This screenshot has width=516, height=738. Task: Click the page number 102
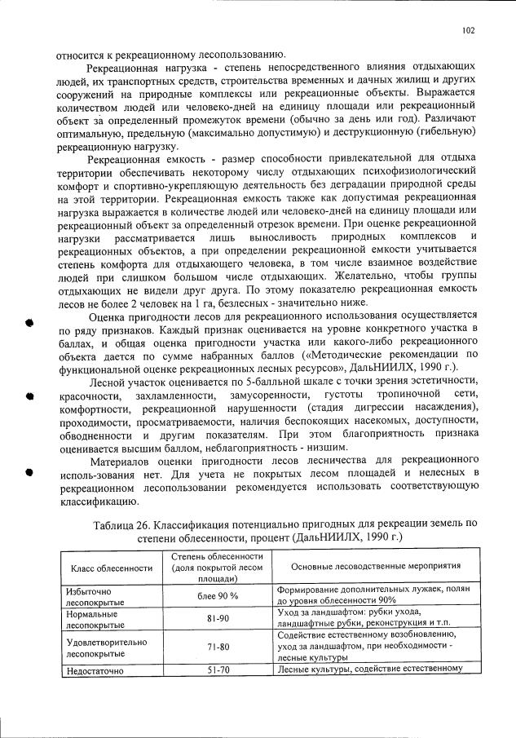pos(467,30)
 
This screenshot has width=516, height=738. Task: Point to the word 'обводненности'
pos(97,435)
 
